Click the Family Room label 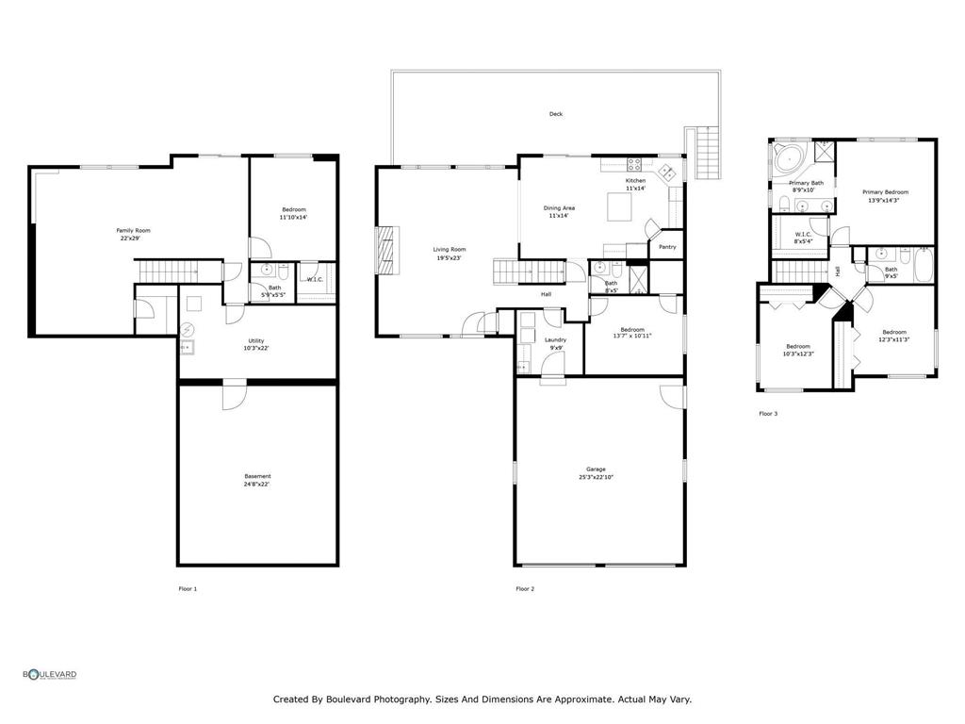coord(133,230)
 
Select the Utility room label coord(256,340)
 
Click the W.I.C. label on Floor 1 coord(315,279)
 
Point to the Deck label coord(556,114)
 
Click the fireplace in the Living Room coord(384,249)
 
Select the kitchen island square coord(617,205)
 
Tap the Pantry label coord(667,247)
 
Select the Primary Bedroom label coord(885,192)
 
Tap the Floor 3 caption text coord(768,413)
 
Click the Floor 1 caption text coord(188,588)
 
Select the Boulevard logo coord(50,674)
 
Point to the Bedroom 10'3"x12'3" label coord(798,350)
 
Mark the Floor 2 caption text coord(525,588)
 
